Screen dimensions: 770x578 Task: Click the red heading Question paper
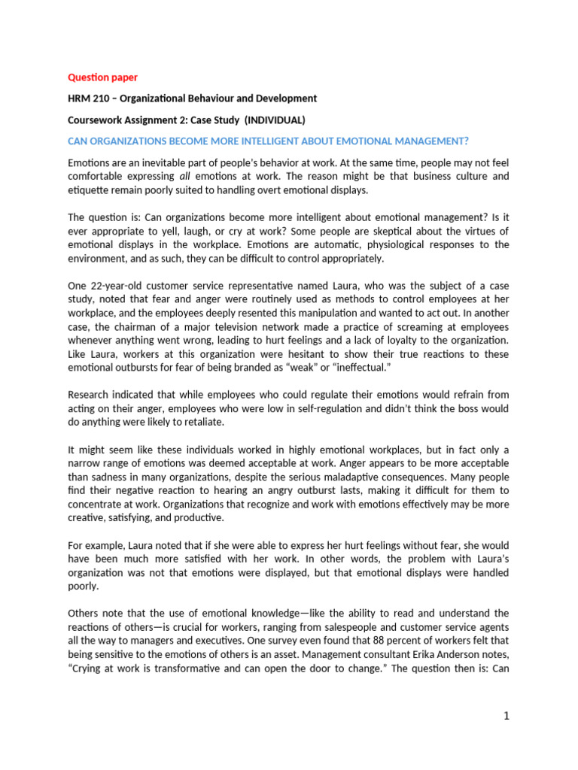pos(102,77)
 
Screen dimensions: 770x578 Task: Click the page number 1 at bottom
pos(507,717)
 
